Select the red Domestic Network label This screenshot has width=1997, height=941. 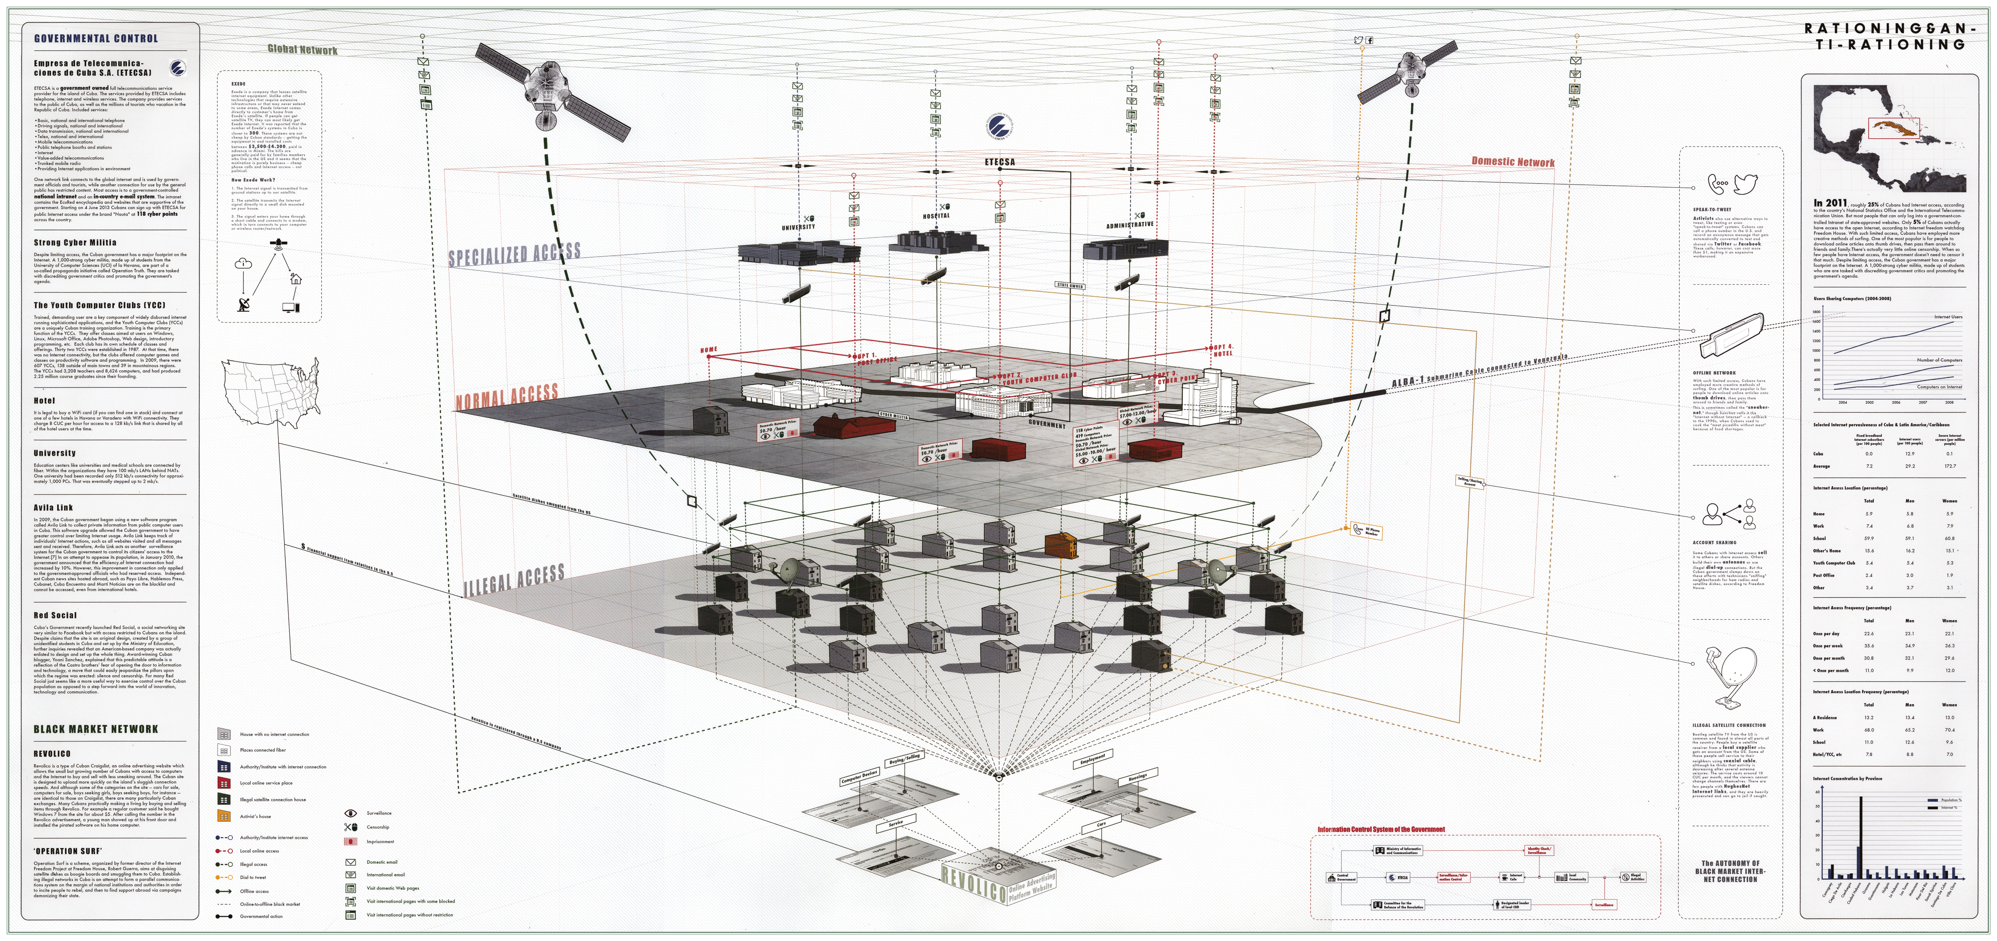(x=1513, y=162)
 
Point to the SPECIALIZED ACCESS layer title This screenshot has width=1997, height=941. (x=514, y=254)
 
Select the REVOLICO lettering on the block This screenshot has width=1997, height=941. (x=974, y=884)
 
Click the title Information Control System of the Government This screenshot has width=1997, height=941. (x=1381, y=830)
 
